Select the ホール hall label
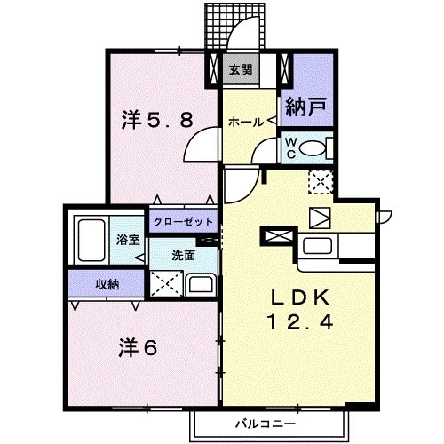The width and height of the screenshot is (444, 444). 243,123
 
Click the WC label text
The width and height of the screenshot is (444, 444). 290,147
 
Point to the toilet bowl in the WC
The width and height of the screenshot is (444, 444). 315,148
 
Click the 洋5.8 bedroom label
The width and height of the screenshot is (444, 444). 157,119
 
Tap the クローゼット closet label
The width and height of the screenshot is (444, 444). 183,221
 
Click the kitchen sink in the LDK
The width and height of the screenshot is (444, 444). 318,246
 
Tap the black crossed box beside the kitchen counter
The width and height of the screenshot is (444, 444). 276,236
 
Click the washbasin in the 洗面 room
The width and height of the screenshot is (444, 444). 201,285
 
